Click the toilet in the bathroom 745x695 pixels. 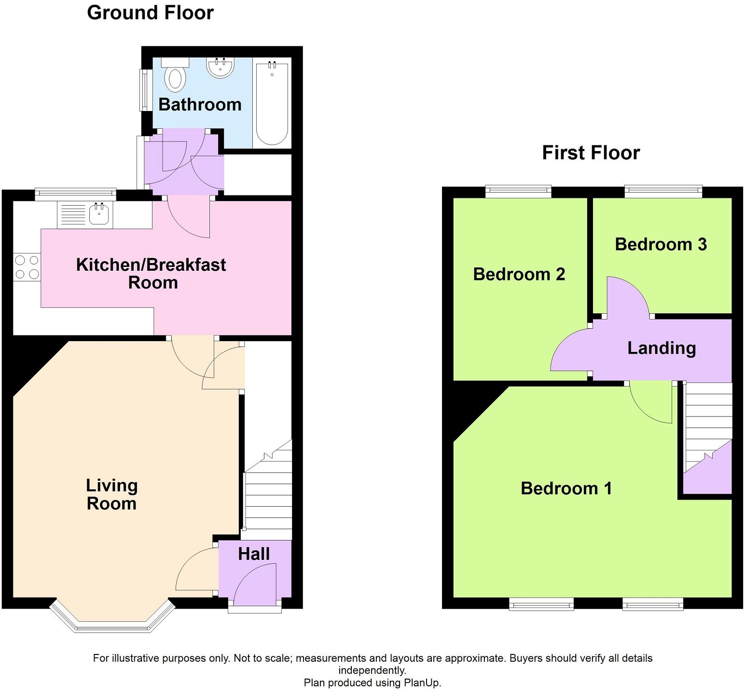[175, 77]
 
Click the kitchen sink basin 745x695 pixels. [99, 214]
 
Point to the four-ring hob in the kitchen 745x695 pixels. [27, 267]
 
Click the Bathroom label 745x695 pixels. [200, 105]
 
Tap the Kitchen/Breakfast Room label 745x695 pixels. [152, 273]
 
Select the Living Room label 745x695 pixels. [112, 494]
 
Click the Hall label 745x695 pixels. [254, 554]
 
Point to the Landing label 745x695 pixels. [662, 348]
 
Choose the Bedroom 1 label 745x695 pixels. [566, 488]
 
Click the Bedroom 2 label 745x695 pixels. [519, 274]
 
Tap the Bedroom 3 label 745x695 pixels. [661, 244]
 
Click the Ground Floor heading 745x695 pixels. [150, 13]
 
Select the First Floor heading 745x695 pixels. [591, 153]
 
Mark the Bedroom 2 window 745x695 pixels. [518, 192]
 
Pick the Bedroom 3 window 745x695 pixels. [663, 192]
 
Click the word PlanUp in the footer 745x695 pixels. [423, 683]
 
